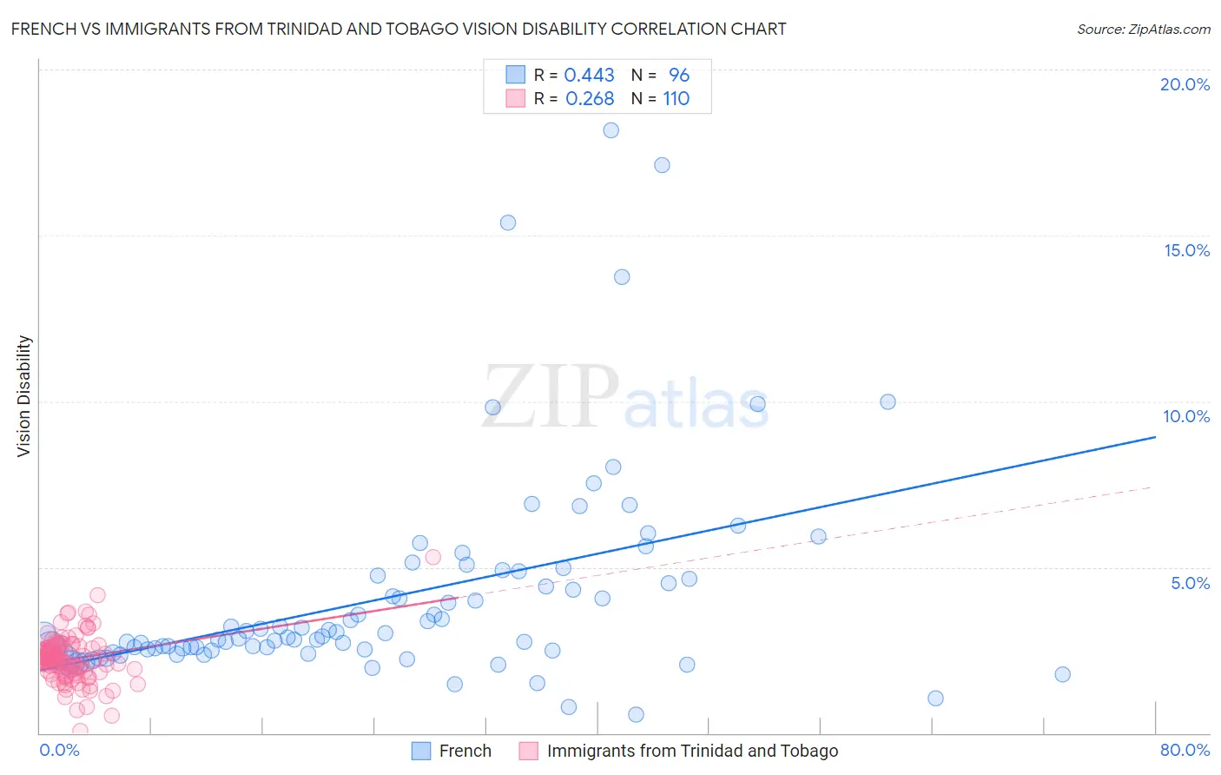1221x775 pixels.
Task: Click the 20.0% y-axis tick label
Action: [1185, 84]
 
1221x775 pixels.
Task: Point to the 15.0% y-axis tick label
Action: [1186, 250]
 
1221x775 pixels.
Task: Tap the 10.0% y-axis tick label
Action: [1186, 416]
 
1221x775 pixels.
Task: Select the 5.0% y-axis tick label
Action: [1190, 583]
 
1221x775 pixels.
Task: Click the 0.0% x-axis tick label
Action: [59, 750]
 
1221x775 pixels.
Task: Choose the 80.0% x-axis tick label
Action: [1185, 750]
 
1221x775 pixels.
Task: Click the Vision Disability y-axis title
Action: [24, 395]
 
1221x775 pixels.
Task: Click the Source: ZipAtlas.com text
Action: [1143, 29]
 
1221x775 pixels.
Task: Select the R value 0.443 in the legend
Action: [589, 75]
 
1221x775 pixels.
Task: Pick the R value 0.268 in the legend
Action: [589, 99]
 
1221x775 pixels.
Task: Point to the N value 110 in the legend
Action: [676, 99]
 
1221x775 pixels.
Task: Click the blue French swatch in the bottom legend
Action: [421, 751]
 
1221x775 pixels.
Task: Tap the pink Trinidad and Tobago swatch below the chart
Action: [528, 751]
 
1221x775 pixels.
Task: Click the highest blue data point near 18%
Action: [611, 130]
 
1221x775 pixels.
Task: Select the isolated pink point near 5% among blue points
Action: [433, 557]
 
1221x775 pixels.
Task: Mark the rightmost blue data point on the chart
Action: [1062, 674]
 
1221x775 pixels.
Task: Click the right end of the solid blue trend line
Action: [1155, 437]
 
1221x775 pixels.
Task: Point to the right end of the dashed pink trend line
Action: [1152, 487]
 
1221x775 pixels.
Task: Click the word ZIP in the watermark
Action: [551, 396]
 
